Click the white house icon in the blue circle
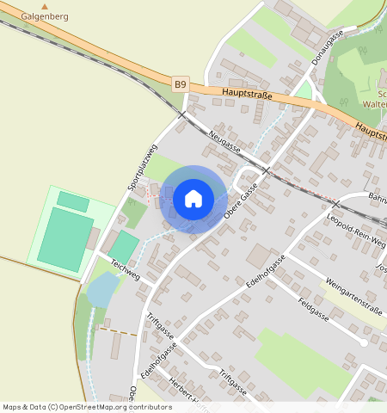(x=193, y=199)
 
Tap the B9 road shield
(x=180, y=84)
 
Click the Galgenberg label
(x=46, y=16)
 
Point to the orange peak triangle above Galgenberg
(x=46, y=6)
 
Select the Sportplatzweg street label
(x=139, y=166)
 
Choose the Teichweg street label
(x=125, y=268)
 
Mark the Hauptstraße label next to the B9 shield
(x=246, y=94)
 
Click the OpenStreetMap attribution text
(x=86, y=407)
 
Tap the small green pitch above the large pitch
(x=72, y=201)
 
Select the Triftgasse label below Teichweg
(x=159, y=326)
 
